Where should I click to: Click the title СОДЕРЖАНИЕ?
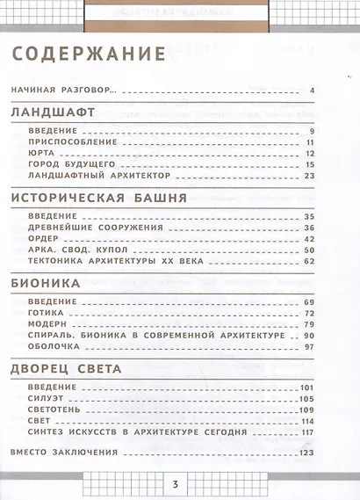pos(90,54)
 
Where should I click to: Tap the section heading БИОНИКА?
pos(47,284)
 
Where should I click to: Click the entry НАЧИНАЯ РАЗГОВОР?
pos(67,91)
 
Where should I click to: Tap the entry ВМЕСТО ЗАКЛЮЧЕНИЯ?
pos(61,453)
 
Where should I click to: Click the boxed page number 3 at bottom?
pos(176,484)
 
